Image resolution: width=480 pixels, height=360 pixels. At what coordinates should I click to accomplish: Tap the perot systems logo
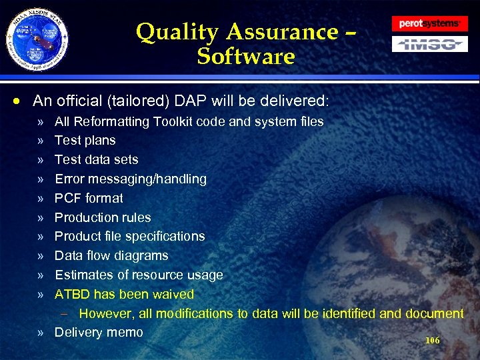(x=429, y=23)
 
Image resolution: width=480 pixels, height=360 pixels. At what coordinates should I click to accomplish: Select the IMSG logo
(x=429, y=45)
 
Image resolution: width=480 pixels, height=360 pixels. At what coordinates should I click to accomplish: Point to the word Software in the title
(x=246, y=57)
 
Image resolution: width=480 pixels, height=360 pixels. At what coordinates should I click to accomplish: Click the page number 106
(x=433, y=340)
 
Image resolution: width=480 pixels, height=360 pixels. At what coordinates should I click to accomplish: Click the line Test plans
(x=85, y=141)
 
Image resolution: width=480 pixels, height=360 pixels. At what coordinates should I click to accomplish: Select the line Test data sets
(x=97, y=159)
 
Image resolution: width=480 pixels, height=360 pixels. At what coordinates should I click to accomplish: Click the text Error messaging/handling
(x=131, y=179)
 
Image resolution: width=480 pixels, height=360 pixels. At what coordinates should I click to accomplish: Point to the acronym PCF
(x=68, y=198)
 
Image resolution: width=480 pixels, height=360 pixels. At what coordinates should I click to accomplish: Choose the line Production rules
(x=103, y=217)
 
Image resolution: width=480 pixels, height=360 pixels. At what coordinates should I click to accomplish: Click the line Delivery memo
(x=99, y=332)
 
